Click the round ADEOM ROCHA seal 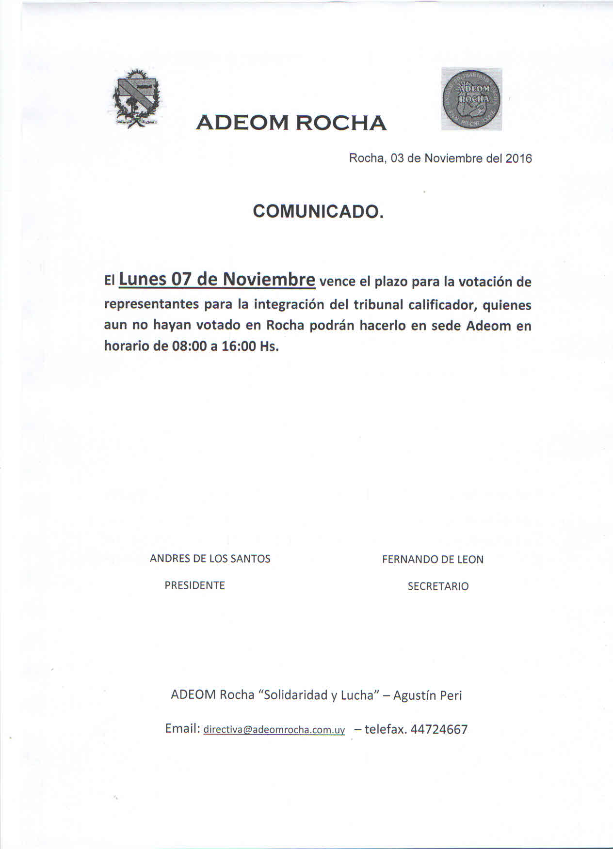click(471, 99)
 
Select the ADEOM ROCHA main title click(291, 123)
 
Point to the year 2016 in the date click(518, 158)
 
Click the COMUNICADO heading click(318, 211)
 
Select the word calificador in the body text click(443, 305)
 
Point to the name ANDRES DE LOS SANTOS click(210, 559)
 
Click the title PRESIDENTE click(194, 585)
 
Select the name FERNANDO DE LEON click(433, 560)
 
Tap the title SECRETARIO click(438, 586)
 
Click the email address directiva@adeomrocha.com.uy click(274, 730)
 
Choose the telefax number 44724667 click(439, 729)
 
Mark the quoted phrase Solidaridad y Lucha click(319, 695)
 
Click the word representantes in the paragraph click(151, 305)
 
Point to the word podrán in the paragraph click(332, 326)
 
